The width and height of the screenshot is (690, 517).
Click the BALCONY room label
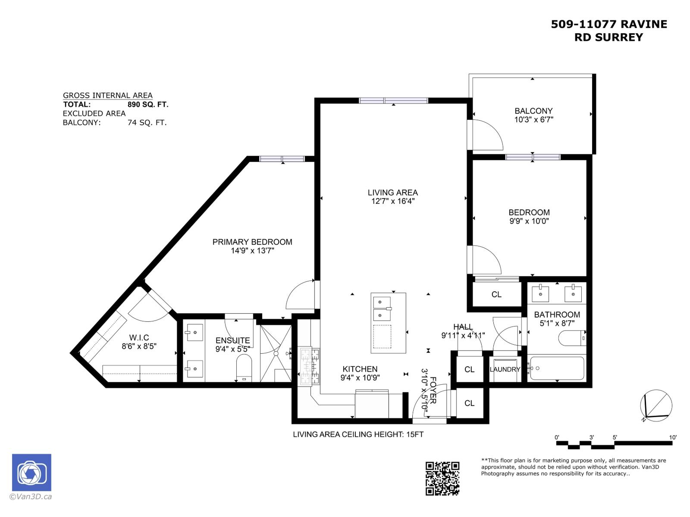tap(533, 111)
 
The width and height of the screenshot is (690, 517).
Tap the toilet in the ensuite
tap(244, 368)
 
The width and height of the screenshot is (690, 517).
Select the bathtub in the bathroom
tap(557, 368)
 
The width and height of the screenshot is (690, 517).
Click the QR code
tap(442, 478)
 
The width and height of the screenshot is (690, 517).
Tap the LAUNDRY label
tap(505, 370)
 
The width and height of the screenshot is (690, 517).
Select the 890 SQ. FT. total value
tap(148, 104)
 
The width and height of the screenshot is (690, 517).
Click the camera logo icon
tap(31, 473)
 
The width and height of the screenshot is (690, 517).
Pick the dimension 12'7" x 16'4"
tap(392, 201)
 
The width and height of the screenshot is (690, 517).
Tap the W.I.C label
tap(139, 338)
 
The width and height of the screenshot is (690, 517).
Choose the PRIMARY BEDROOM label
tap(252, 242)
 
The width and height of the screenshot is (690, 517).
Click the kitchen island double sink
tap(382, 308)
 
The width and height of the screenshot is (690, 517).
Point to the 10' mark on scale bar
tap(673, 437)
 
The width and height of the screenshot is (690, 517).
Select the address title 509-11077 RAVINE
tap(609, 25)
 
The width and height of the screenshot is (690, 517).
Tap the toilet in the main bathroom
tap(572, 338)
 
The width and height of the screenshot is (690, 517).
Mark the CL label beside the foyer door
tap(470, 403)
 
